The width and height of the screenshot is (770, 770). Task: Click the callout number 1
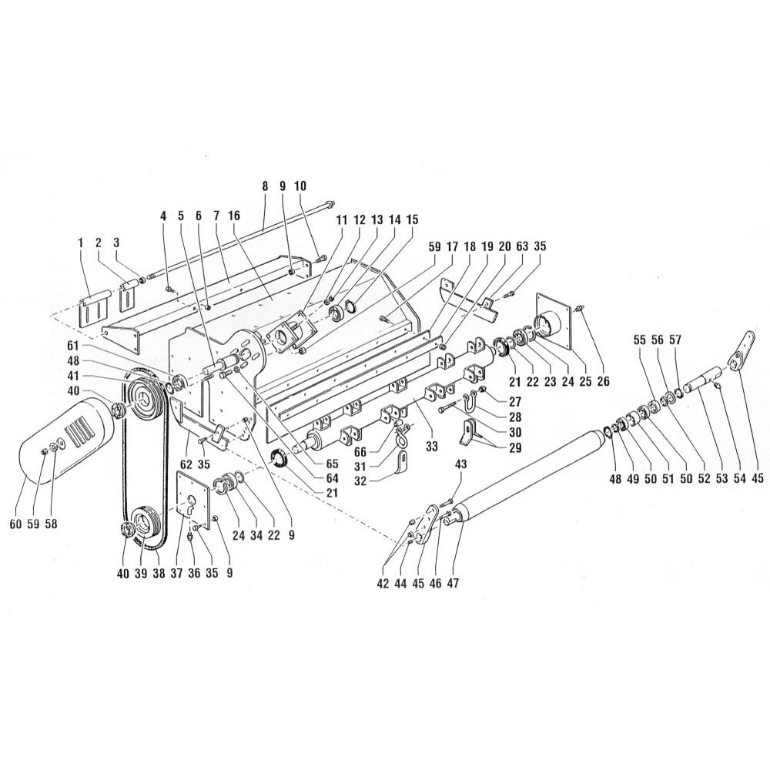coord(80,243)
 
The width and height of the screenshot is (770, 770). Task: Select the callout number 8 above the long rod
coord(265,186)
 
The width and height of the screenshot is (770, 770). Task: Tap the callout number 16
coord(234,216)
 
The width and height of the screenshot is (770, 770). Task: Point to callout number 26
coord(603,381)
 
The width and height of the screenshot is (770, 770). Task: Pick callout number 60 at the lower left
coord(15,524)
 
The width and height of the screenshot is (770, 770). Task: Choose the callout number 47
coord(452,583)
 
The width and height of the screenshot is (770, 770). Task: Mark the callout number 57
coord(677,340)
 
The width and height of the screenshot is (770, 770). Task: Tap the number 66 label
coord(360,451)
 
